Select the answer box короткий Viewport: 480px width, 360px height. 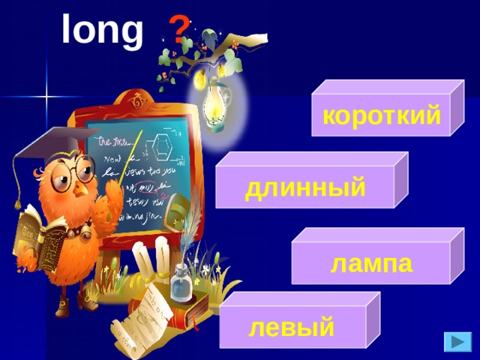pos(381,117)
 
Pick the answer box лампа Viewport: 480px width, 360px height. pos(371,263)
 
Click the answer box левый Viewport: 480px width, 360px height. pos(292,328)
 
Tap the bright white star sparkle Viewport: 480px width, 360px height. pos(46,97)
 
